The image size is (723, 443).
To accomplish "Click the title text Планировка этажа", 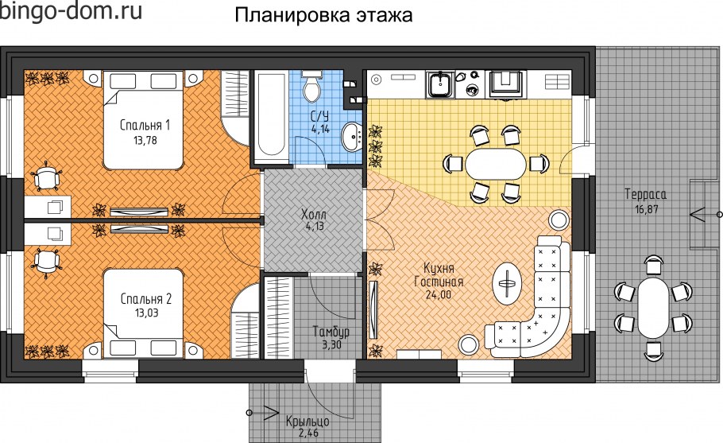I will click(x=323, y=17).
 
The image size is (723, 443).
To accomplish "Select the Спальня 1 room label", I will click(x=145, y=125).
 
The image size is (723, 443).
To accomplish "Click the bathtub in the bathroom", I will click(x=271, y=119).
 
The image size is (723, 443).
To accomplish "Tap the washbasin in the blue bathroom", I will click(x=350, y=138).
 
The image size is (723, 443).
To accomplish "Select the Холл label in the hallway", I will click(x=314, y=215).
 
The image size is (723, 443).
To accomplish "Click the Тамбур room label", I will click(x=331, y=332).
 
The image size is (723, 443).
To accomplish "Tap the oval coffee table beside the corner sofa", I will click(x=506, y=280).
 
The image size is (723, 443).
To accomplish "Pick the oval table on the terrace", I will click(x=653, y=308).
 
